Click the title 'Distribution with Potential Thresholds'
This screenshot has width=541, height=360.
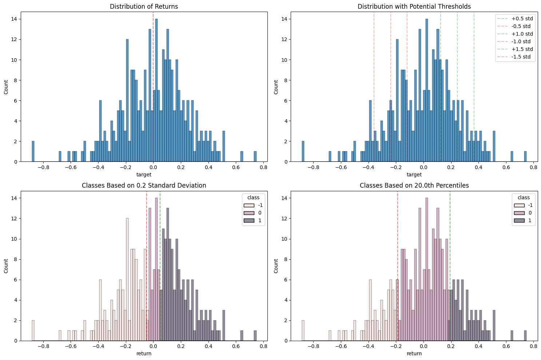(414, 6)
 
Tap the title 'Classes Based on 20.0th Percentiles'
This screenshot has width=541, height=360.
(414, 185)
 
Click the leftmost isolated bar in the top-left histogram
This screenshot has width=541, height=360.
(33, 151)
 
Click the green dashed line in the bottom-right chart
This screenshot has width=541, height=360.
(450, 255)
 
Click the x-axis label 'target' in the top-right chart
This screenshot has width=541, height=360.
(414, 175)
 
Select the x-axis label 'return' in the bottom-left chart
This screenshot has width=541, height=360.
(144, 353)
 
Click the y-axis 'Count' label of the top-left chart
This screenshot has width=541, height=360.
(6, 87)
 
